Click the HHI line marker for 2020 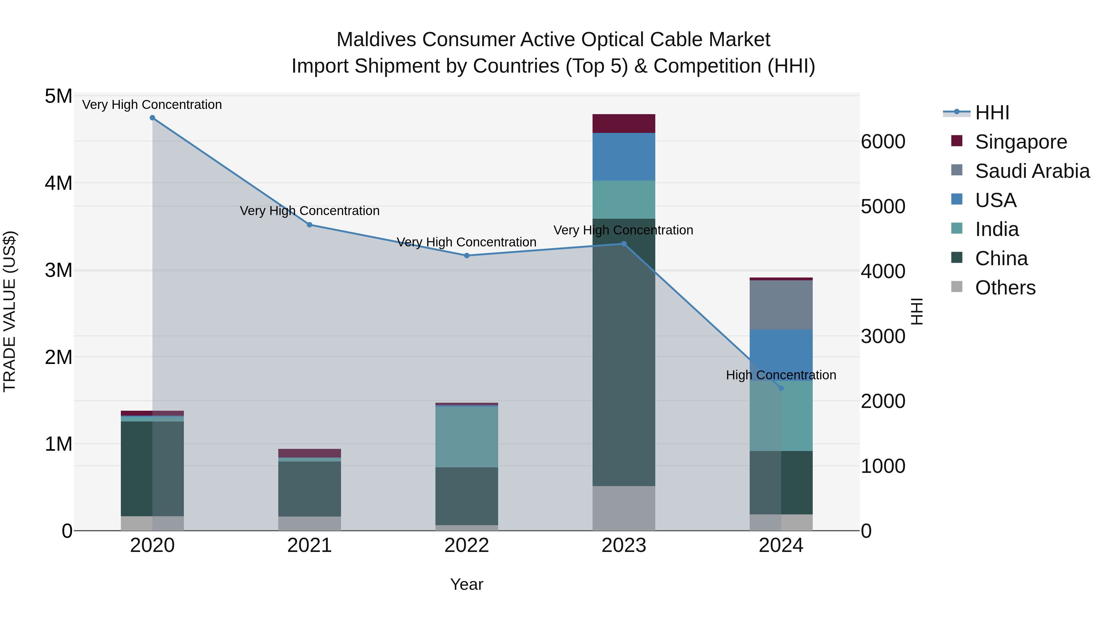pos(152,118)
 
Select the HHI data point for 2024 pos(781,388)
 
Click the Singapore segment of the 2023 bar pos(624,124)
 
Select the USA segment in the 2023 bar pos(624,157)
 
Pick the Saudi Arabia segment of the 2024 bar pos(781,305)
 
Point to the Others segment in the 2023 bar pos(624,508)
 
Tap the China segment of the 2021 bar pos(309,489)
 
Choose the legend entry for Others pos(1005,288)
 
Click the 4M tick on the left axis pos(58,183)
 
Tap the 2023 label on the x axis pos(624,545)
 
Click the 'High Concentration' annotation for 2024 pos(781,375)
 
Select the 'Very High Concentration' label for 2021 pos(309,211)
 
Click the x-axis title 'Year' pos(467,584)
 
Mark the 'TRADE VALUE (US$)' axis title pos(10,311)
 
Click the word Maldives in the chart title pos(376,40)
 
